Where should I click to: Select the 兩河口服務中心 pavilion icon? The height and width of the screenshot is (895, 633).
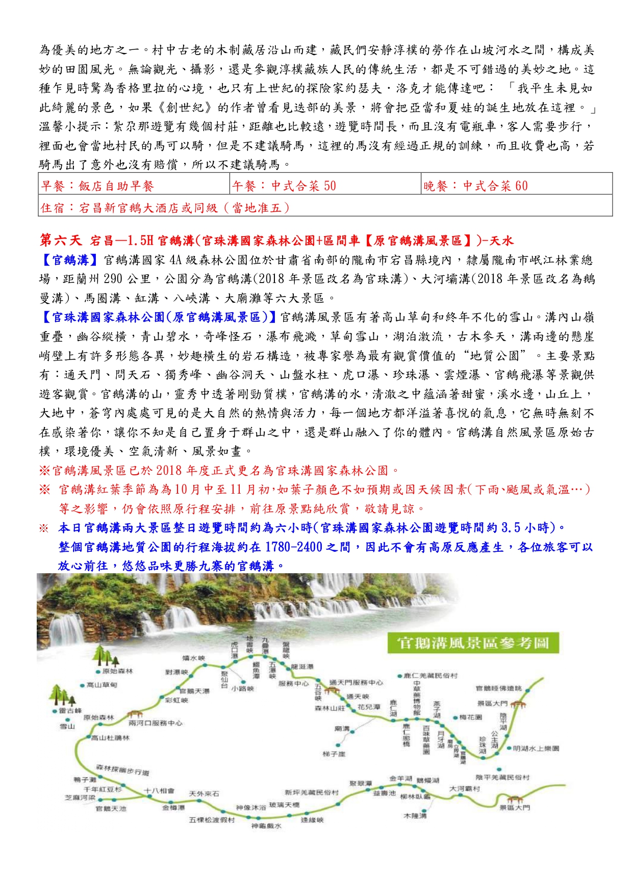(x=135, y=714)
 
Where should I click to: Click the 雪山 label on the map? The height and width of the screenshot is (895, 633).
(x=67, y=726)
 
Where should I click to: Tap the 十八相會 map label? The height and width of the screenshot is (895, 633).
(x=159, y=791)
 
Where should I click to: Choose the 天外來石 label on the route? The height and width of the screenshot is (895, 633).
(x=204, y=794)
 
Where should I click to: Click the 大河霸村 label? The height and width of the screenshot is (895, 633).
(x=464, y=788)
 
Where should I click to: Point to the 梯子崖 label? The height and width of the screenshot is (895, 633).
(x=334, y=754)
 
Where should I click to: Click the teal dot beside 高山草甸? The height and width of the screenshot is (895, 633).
(x=82, y=685)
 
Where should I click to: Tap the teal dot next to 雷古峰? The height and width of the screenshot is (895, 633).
(x=55, y=711)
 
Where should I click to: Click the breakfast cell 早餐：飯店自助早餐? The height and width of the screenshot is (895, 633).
(x=134, y=186)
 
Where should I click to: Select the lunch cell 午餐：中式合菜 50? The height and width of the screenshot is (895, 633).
(x=325, y=186)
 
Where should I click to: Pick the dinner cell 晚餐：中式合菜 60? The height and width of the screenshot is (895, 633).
(x=517, y=186)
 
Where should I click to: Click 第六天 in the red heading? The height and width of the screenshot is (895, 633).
(x=60, y=240)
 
